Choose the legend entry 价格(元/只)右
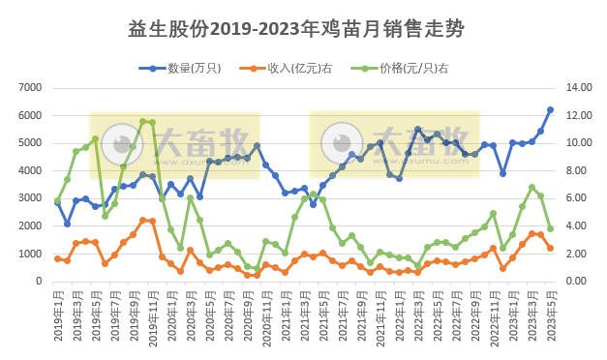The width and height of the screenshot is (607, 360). (x=407, y=68)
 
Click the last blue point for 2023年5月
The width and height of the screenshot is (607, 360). (x=550, y=109)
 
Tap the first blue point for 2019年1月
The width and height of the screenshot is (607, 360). (x=57, y=202)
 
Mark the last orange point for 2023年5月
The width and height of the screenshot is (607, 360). (x=550, y=248)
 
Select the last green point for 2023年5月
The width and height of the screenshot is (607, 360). (x=550, y=229)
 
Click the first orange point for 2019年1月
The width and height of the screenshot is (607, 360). (x=57, y=258)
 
